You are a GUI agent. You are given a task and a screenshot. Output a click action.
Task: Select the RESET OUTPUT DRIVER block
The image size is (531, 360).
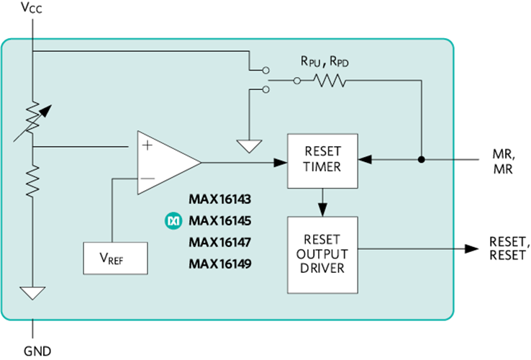tap(322, 254)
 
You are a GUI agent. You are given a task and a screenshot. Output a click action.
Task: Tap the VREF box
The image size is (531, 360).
tap(116, 257)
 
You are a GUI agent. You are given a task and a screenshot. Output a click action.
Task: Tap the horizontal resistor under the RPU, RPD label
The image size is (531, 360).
tap(329, 81)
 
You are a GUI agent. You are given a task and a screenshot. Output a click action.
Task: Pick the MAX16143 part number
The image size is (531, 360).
tap(220, 199)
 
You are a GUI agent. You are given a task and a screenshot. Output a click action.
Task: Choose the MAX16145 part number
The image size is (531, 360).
tap(220, 220)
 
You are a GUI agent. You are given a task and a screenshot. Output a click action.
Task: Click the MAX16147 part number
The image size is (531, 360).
tap(220, 242)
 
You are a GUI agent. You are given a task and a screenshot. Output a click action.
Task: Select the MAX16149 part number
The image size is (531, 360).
tap(220, 264)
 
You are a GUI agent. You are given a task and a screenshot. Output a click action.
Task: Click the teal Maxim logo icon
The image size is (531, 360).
tap(173, 221)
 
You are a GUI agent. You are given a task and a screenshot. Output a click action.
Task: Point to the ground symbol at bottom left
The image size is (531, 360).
tap(33, 293)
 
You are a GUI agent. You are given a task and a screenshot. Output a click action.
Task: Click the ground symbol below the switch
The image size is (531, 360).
tap(250, 146)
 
